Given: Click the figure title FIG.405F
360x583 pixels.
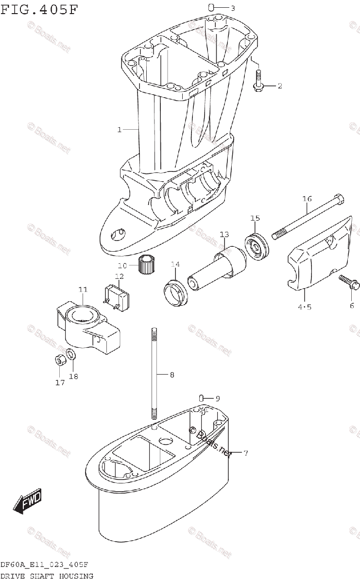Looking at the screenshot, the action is click(x=39, y=9).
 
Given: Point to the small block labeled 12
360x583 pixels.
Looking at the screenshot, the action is click(x=116, y=295).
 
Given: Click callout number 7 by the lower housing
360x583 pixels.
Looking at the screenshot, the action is click(x=246, y=453).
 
